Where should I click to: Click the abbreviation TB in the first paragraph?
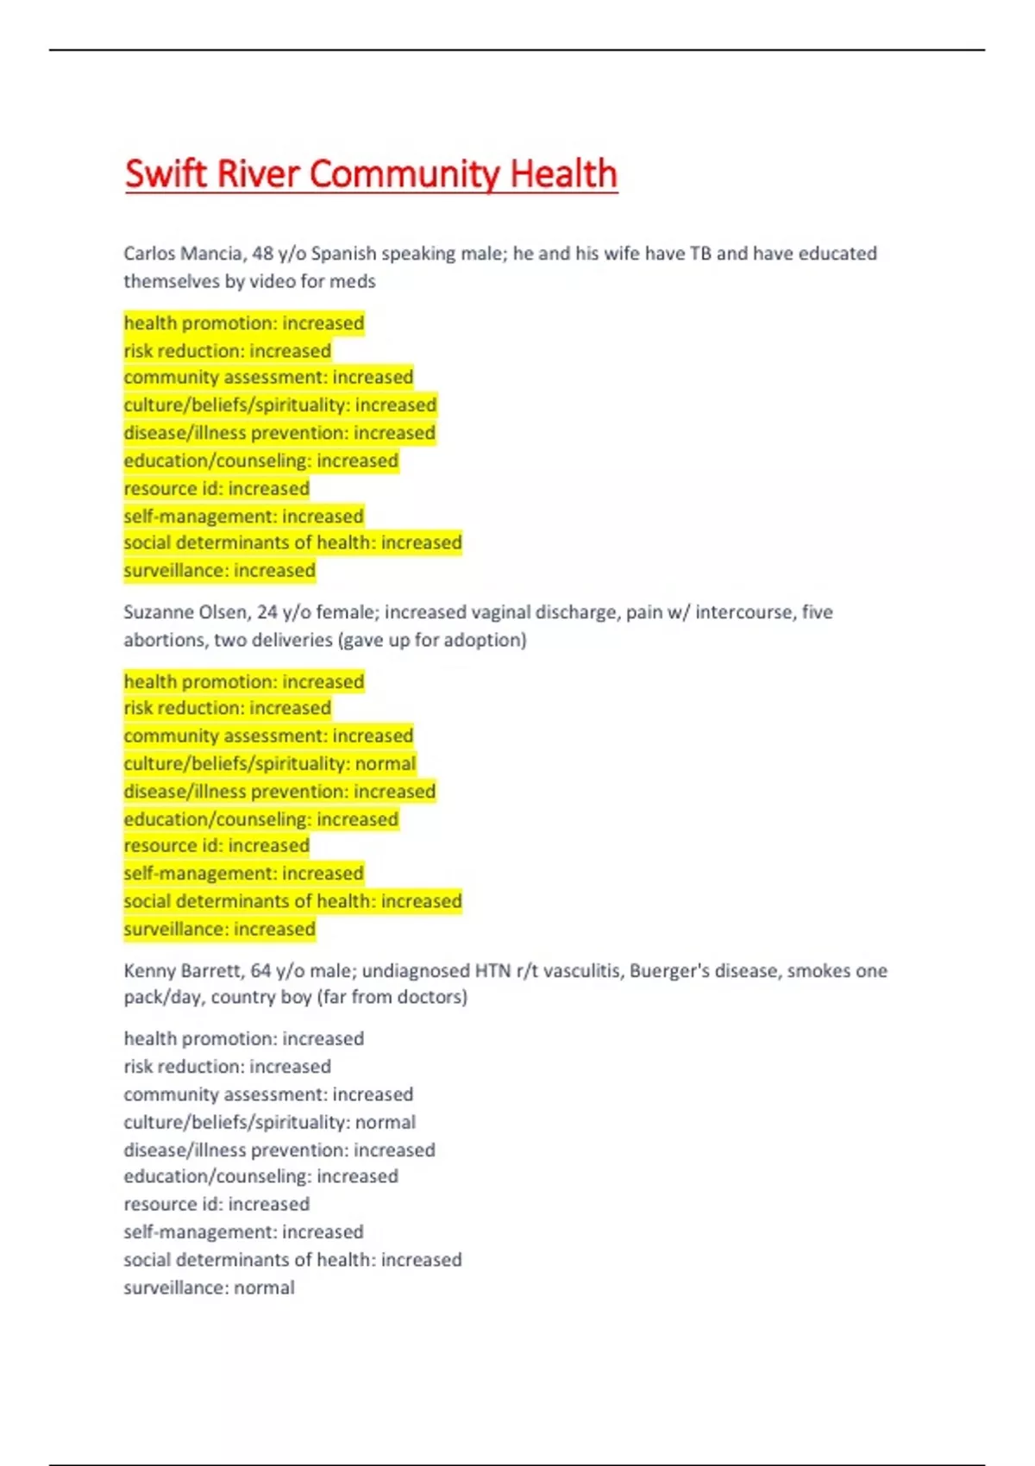click(700, 254)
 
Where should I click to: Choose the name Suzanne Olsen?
click(185, 612)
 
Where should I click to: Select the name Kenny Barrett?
click(181, 971)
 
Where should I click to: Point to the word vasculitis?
click(577, 971)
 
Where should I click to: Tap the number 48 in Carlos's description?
click(262, 254)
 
